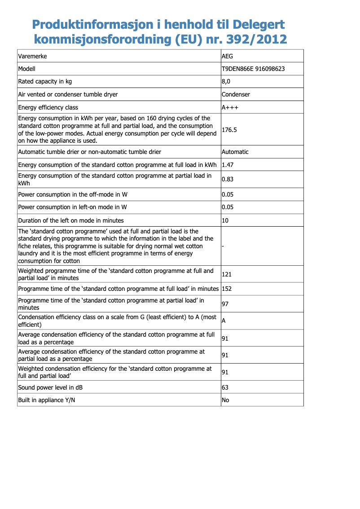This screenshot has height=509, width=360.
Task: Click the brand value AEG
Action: pyautogui.click(x=228, y=57)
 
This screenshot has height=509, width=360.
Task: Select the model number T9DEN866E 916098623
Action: pyautogui.click(x=253, y=69)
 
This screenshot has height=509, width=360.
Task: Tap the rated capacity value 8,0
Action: pyautogui.click(x=226, y=82)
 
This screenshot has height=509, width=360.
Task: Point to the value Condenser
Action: pyautogui.click(x=236, y=94)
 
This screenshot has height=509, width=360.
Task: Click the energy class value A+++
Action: pyautogui.click(x=230, y=107)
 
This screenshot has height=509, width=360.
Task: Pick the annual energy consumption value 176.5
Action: pyautogui.click(x=229, y=130)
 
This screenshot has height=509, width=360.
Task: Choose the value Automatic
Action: pyautogui.click(x=235, y=152)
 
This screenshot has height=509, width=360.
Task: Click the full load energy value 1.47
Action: pyautogui.click(x=228, y=165)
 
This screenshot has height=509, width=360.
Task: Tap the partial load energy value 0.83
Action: pyautogui.click(x=228, y=180)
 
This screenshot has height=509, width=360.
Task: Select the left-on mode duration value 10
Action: pyautogui.click(x=225, y=220)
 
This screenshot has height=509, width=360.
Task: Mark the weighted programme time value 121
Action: pyautogui.click(x=227, y=274)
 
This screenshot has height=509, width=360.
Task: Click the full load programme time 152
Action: pyautogui.click(x=227, y=289)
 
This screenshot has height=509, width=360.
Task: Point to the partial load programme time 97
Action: pyautogui.click(x=225, y=304)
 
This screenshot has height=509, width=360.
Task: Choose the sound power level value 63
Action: pyautogui.click(x=225, y=387)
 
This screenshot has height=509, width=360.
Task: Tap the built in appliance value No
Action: pyautogui.click(x=225, y=400)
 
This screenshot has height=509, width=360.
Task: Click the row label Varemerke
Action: pyautogui.click(x=32, y=57)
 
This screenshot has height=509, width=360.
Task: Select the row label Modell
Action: pyautogui.click(x=26, y=69)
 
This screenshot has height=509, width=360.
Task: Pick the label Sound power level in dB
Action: pyautogui.click(x=50, y=387)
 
